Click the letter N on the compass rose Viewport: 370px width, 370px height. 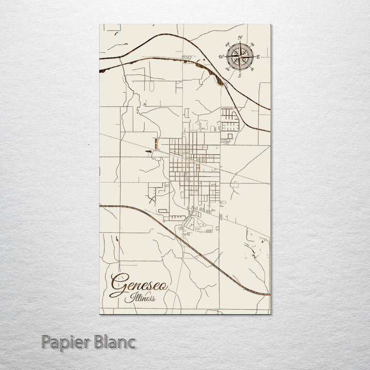[x=239, y=37]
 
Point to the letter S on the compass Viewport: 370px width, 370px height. [x=239, y=76]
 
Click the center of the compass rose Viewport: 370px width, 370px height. [x=239, y=56]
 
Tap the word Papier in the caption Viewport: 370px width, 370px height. [x=67, y=341]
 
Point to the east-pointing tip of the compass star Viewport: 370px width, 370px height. [x=254, y=57]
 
